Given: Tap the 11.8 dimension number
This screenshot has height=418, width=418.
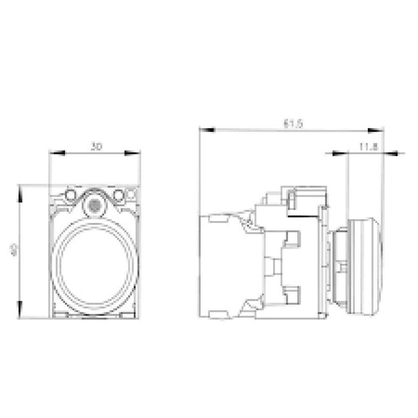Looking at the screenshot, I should pos(368,147).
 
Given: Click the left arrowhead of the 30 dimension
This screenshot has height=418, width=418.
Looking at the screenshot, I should pos(57,153).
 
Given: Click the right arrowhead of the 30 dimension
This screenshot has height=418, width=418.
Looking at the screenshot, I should pos(133,153).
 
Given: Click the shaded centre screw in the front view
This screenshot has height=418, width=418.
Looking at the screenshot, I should pos(94,205).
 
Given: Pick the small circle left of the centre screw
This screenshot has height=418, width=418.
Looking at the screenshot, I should pos(70,194).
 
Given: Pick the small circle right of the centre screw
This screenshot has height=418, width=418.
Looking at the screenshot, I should pos(119,194).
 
